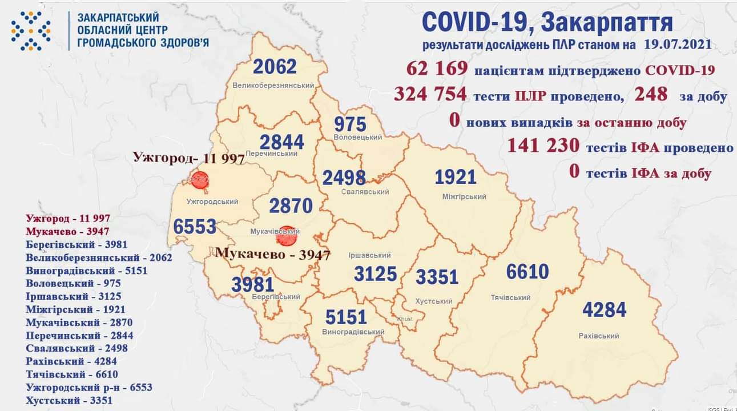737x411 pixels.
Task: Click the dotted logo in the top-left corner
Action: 31,30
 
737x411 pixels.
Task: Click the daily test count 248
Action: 651,94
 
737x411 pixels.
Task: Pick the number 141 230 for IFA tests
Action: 543,147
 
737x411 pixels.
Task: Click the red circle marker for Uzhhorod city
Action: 200,180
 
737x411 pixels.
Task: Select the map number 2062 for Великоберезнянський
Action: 275,67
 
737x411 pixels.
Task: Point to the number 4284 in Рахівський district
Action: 604,310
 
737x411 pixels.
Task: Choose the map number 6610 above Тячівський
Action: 527,272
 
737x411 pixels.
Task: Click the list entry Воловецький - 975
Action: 73,283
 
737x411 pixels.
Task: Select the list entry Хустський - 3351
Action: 69,400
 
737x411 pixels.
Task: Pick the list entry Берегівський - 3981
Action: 76,244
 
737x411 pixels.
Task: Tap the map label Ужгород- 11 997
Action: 188,158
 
